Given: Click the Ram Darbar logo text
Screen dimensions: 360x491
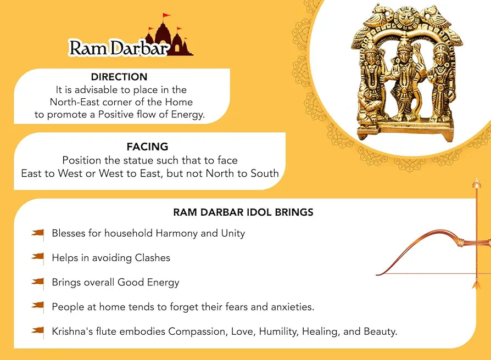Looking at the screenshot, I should click(x=118, y=48).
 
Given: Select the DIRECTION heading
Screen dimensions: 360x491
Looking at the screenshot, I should click(x=119, y=77).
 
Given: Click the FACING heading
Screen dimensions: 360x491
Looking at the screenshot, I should click(x=147, y=147).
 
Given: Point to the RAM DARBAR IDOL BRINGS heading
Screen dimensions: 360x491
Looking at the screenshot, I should click(x=243, y=212).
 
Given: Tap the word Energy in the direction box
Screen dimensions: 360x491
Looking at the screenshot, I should click(x=186, y=114).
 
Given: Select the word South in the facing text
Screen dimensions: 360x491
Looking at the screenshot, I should click(x=263, y=173).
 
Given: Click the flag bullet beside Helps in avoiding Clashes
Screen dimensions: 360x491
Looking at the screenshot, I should click(x=38, y=257).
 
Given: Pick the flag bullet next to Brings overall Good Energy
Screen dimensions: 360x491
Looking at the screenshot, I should click(x=38, y=282).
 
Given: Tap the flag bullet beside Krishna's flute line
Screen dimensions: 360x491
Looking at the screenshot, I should click(x=38, y=331).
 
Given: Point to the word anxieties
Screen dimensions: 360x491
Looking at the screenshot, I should click(x=292, y=307).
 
